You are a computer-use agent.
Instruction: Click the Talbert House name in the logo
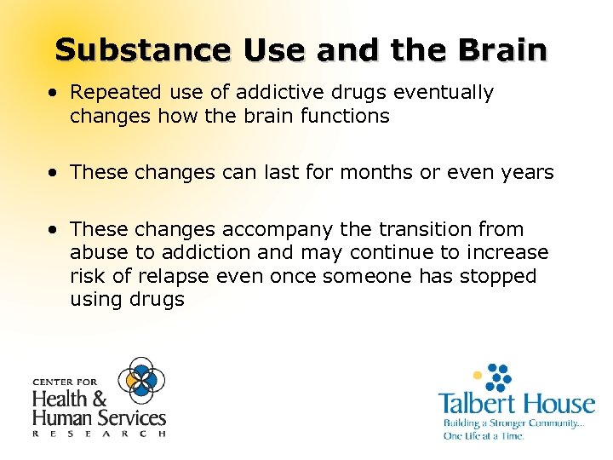516,403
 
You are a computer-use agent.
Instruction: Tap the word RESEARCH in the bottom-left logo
99,434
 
